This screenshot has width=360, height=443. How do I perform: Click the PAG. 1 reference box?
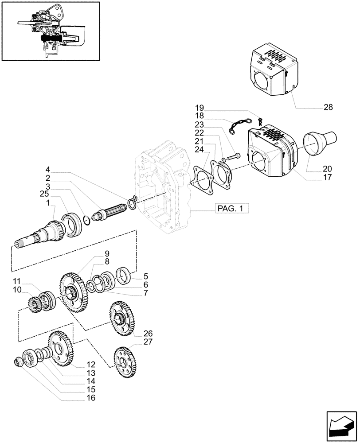point(231,209)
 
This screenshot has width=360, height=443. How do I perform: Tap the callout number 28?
point(328,107)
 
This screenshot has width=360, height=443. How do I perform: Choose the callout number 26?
point(148,333)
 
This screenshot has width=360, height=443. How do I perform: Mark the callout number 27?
point(148,341)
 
